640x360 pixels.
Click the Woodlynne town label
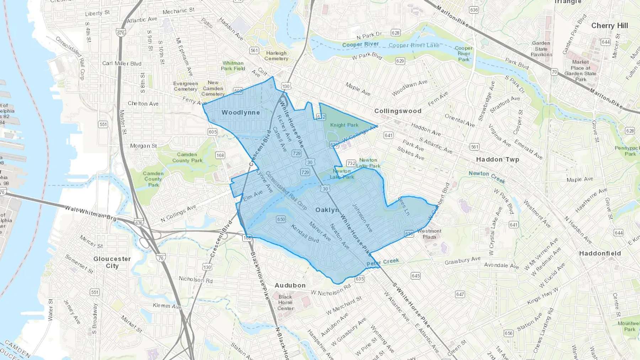(x=241, y=113)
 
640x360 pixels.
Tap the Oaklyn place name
(x=327, y=210)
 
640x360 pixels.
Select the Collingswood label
(x=398, y=111)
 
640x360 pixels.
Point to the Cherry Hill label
(x=609, y=26)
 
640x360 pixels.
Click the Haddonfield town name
(x=600, y=253)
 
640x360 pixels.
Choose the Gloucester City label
(x=112, y=262)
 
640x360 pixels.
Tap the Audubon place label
(x=290, y=285)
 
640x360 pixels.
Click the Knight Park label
(x=344, y=125)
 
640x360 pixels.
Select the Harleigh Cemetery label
(x=276, y=56)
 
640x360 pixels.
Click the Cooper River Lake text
(x=414, y=45)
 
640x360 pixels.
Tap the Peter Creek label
(x=383, y=262)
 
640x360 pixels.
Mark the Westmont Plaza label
(x=429, y=234)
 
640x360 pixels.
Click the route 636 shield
(x=474, y=10)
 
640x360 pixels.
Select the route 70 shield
(x=554, y=72)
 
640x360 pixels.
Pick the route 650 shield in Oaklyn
(x=281, y=219)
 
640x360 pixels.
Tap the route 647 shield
(x=460, y=294)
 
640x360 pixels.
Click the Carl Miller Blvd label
(x=122, y=64)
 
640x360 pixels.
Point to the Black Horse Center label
(x=285, y=302)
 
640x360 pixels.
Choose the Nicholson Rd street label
(x=196, y=280)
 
